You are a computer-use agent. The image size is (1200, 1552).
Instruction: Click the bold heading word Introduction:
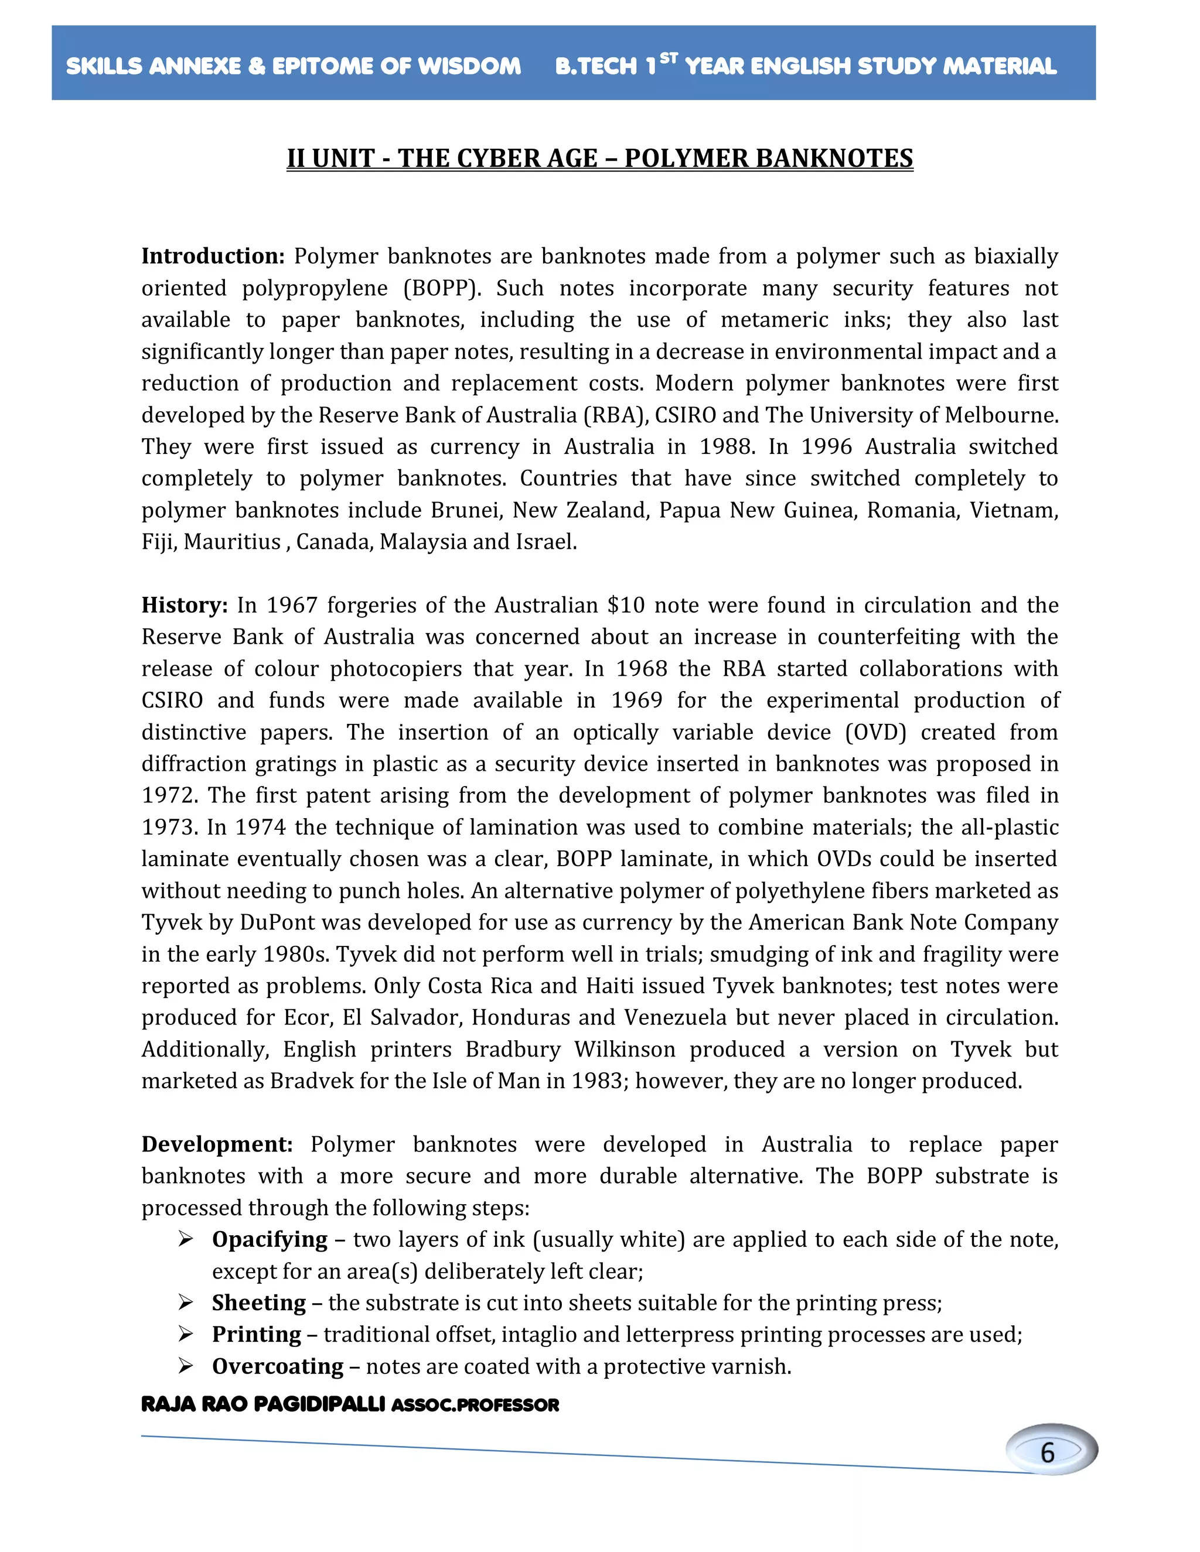click(213, 257)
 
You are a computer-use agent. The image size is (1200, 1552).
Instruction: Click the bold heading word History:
click(184, 606)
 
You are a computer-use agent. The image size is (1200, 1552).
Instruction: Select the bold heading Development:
click(217, 1145)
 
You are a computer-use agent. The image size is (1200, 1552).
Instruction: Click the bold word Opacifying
click(270, 1240)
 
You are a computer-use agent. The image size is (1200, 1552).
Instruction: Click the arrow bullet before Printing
click(186, 1335)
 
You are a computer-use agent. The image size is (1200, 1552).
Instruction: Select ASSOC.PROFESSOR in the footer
click(475, 1405)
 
